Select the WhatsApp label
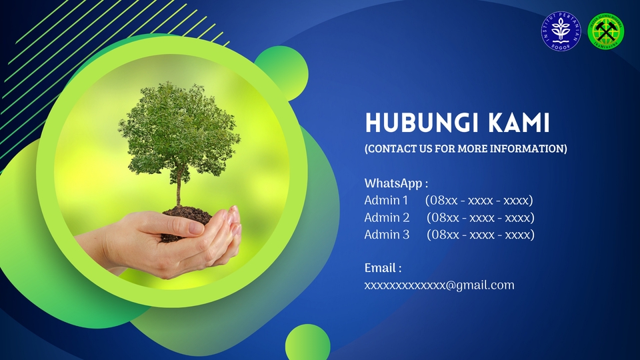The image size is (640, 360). tap(395, 183)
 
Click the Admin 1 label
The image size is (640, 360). tap(386, 200)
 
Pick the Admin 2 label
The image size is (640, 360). tap(387, 217)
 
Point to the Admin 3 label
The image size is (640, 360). tap(387, 235)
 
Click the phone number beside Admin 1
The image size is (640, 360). tap(478, 200)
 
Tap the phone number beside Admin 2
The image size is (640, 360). tap(480, 217)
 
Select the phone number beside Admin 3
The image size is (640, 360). tap(480, 235)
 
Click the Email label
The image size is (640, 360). tap(383, 268)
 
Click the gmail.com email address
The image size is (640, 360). tap(439, 285)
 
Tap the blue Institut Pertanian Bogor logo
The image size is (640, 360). tap(561, 31)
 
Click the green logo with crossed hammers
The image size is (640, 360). tap(606, 31)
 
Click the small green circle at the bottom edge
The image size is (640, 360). tap(308, 344)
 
